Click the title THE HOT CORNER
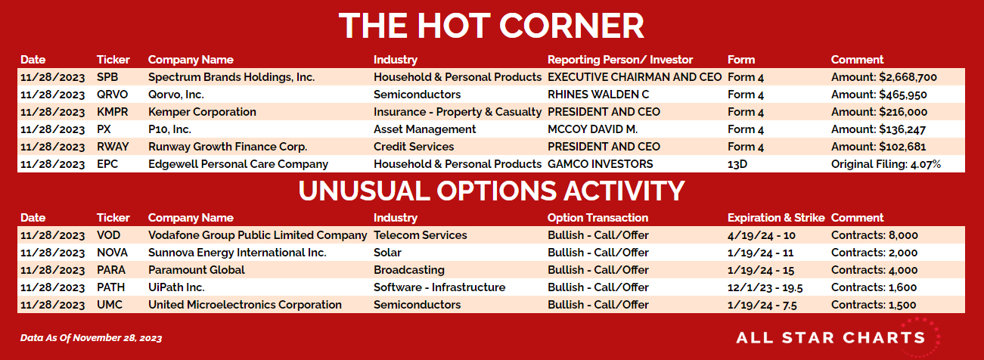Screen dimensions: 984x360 [x=491, y=26]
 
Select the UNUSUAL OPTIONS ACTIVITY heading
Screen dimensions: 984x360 [x=491, y=191]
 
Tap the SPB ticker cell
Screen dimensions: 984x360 [x=107, y=77]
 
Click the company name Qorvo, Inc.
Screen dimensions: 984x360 [x=176, y=95]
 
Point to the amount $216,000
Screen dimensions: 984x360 [x=903, y=113]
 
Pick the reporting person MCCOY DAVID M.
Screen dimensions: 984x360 [x=593, y=129]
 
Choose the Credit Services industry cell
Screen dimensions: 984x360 [x=414, y=147]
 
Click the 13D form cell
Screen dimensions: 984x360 [x=737, y=164]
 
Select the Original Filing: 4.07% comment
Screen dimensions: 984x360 [x=886, y=165]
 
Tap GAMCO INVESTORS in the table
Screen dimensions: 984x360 [x=601, y=164]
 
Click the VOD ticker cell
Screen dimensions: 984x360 [x=108, y=235]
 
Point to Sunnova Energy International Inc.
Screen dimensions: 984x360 [x=237, y=253]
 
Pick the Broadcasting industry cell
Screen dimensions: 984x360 [x=409, y=270]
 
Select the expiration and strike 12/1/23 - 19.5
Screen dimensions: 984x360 [x=765, y=287]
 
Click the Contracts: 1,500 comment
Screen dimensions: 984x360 [x=874, y=305]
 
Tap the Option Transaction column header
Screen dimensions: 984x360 [x=598, y=218]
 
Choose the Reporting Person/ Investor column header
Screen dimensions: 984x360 [x=620, y=60]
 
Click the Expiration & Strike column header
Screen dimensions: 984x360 [x=776, y=218]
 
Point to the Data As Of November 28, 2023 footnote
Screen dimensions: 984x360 [x=91, y=338]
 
